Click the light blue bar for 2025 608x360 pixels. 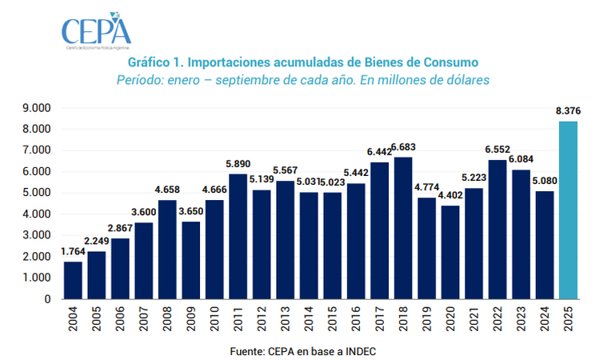pyautogui.click(x=568, y=210)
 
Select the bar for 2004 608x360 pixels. pyautogui.click(x=73, y=280)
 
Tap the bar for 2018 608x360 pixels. pyautogui.click(x=403, y=228)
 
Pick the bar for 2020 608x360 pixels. pyautogui.click(x=450, y=252)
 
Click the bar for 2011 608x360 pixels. pyautogui.click(x=238, y=237)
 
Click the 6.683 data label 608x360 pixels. pyautogui.click(x=403, y=148)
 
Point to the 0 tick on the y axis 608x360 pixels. pyautogui.click(x=47, y=299)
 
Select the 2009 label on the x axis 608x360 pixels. pyautogui.click(x=191, y=320)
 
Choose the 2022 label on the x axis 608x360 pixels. pyautogui.click(x=498, y=320)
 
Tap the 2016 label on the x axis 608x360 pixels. pyautogui.click(x=356, y=320)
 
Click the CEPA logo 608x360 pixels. pyautogui.click(x=96, y=30)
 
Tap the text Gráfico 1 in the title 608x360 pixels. pyautogui.click(x=153, y=62)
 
